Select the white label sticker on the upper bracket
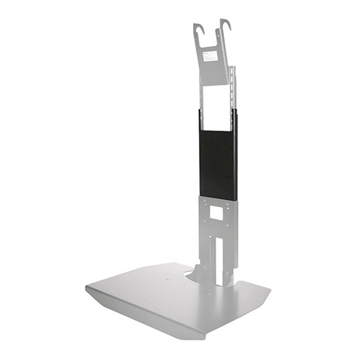(211, 56)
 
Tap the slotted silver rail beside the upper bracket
(233, 88)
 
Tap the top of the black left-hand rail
(200, 112)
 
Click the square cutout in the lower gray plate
(216, 214)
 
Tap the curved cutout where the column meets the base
(191, 272)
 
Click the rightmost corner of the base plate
(270, 288)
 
